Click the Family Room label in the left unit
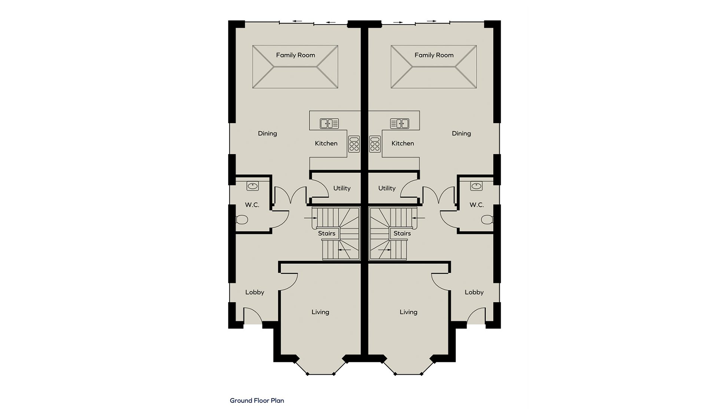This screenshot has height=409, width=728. point(296,55)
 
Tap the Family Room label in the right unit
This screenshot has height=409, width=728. point(434,55)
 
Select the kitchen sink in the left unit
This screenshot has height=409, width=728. point(329,124)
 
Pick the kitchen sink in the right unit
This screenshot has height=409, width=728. point(400,124)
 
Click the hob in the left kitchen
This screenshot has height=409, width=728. point(354,144)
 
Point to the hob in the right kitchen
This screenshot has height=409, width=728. point(375,144)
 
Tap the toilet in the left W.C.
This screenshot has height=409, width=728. point(242,220)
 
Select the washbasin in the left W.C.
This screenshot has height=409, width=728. point(253,187)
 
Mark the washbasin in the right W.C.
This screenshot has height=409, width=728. point(477,187)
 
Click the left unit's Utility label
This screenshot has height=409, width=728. point(342,189)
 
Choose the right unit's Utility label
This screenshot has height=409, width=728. point(387,189)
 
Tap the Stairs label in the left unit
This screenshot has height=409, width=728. point(327,234)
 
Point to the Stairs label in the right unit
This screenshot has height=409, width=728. point(402,234)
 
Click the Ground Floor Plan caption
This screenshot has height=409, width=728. point(257,401)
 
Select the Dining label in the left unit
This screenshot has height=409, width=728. point(267,134)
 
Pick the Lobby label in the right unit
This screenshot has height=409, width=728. point(474,292)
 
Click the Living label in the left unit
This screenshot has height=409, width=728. point(320,312)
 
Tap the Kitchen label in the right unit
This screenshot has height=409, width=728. point(403,144)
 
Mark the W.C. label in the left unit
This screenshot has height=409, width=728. point(252,205)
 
